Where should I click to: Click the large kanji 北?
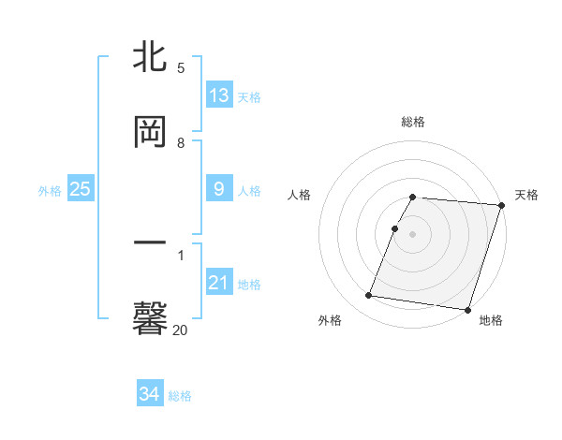coord(150,57)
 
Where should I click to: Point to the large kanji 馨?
coord(150,317)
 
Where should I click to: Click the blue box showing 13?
coord(219,95)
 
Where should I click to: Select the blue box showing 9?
coord(219,189)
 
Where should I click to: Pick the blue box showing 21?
coord(219,283)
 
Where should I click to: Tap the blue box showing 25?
coord(81,189)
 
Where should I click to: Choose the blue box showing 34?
coord(149,394)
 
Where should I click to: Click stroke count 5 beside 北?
coord(181,67)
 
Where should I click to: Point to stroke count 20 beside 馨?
coord(180,329)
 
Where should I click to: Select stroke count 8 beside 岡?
coord(181,143)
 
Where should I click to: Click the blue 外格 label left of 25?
coord(50,190)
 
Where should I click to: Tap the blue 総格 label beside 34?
coord(180,396)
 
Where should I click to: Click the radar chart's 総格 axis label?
coord(413,122)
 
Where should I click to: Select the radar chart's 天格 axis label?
coord(526,195)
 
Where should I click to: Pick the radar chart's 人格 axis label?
coord(299,195)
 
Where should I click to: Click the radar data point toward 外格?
coord(368,295)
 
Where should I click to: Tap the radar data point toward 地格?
coord(467,309)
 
